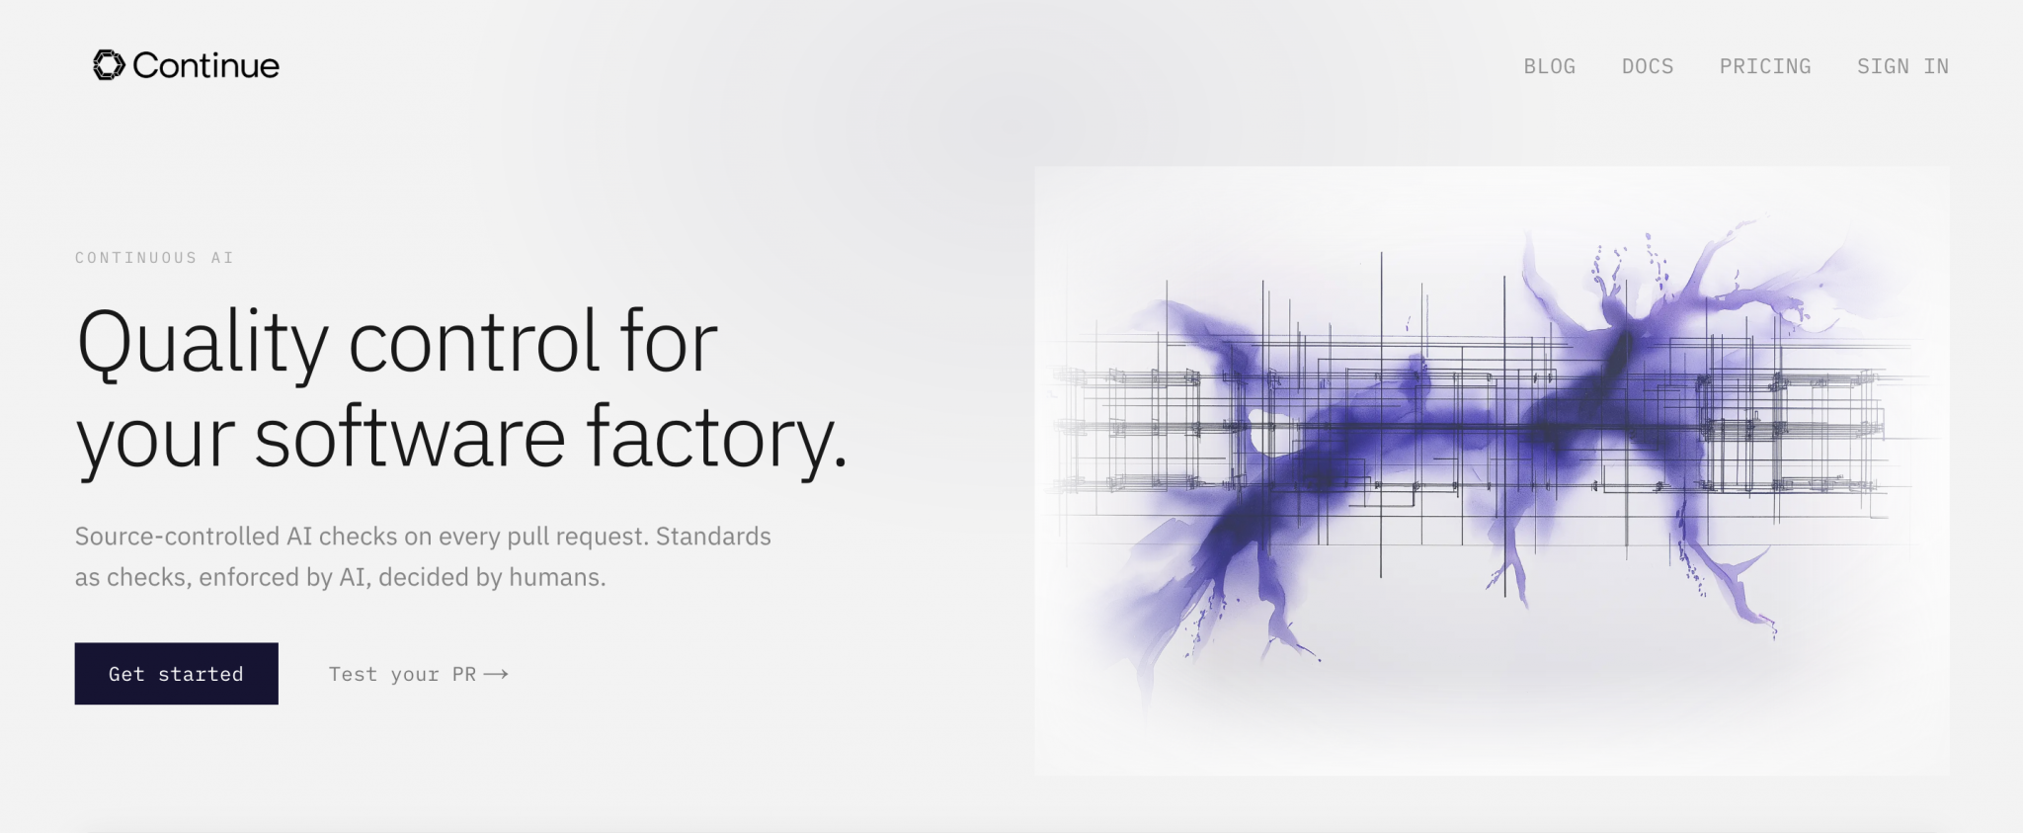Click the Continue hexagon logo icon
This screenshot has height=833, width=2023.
[109, 65]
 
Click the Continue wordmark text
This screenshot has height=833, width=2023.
[205, 65]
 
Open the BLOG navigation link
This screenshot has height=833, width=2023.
[1549, 66]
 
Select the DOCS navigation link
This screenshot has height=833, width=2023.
[1648, 66]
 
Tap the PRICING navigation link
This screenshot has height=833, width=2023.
[1765, 66]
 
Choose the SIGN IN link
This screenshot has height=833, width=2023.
[1902, 66]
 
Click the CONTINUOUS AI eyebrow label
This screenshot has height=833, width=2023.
[154, 258]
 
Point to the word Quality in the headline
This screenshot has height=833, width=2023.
[202, 344]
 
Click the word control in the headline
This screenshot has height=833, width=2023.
[474, 342]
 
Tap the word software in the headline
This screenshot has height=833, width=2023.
[410, 436]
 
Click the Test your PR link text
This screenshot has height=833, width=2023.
[403, 674]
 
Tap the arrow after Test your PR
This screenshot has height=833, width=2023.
[496, 674]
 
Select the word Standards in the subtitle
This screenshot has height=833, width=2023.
[713, 537]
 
